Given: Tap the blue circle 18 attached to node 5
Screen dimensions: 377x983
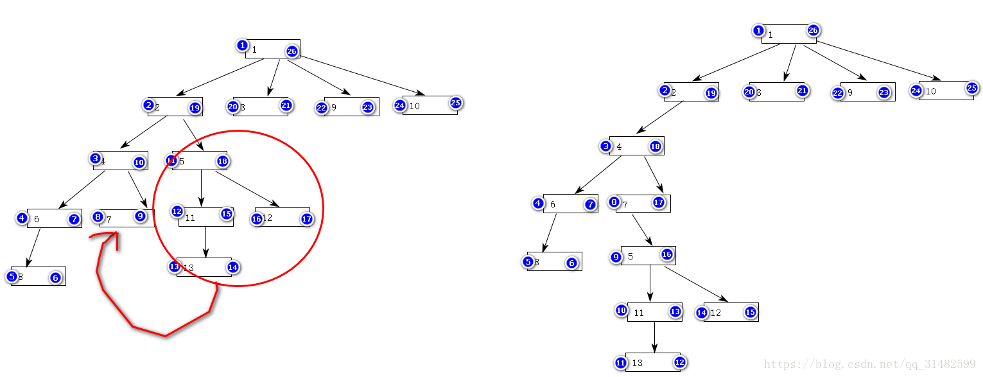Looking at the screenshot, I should pyautogui.click(x=223, y=161).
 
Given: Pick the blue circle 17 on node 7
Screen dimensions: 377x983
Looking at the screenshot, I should pyautogui.click(x=659, y=202).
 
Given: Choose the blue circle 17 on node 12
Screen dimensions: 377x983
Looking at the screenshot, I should pyautogui.click(x=306, y=219).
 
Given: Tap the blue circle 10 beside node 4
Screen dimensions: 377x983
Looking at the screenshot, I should pyautogui.click(x=139, y=162).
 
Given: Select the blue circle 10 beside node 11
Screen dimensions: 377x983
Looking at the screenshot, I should pyautogui.click(x=621, y=310).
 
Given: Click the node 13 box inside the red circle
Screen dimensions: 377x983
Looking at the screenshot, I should pyautogui.click(x=204, y=267).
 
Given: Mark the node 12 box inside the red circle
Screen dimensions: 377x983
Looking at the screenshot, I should pyautogui.click(x=282, y=217).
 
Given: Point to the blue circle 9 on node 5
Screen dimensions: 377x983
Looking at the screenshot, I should pyautogui.click(x=616, y=257).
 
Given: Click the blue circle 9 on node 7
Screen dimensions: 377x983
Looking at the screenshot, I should pyautogui.click(x=141, y=216).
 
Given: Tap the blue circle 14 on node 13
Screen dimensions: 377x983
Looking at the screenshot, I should pyautogui.click(x=232, y=267).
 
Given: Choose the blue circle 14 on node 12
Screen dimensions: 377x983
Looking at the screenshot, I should pyautogui.click(x=702, y=313).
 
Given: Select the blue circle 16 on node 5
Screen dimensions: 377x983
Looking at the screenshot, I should pyautogui.click(x=667, y=254).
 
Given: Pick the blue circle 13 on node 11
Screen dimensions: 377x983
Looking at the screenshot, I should pyautogui.click(x=675, y=311).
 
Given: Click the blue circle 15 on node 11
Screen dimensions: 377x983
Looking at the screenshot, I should pyautogui.click(x=227, y=214).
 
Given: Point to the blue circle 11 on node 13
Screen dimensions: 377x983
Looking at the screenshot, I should pyautogui.click(x=620, y=363).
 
